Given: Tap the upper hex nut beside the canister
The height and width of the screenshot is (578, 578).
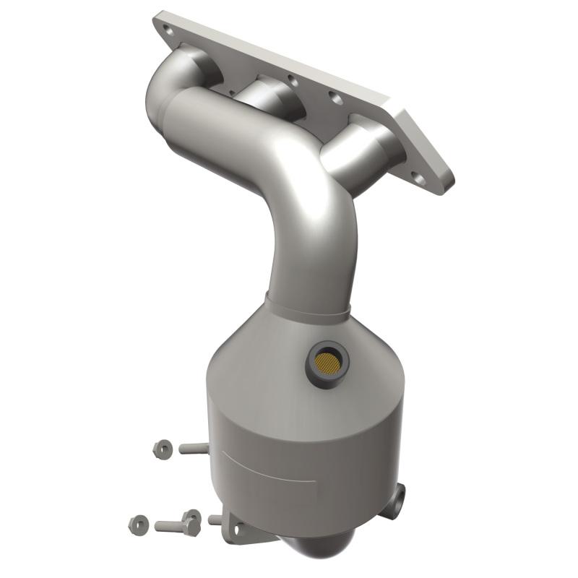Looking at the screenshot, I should pyautogui.click(x=162, y=449).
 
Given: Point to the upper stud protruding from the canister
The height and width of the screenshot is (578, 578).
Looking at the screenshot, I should pyautogui.click(x=194, y=449).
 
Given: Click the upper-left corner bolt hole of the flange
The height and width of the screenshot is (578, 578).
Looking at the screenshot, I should pyautogui.click(x=167, y=31).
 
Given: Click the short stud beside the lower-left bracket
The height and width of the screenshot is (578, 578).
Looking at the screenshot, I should pyautogui.click(x=215, y=519).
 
